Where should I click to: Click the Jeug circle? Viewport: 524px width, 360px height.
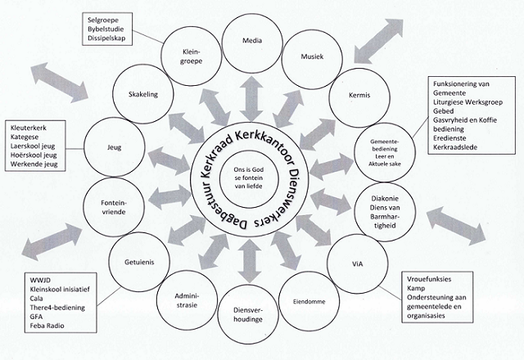(x=114, y=148)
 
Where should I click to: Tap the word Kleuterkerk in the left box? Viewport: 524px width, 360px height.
(x=29, y=128)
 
